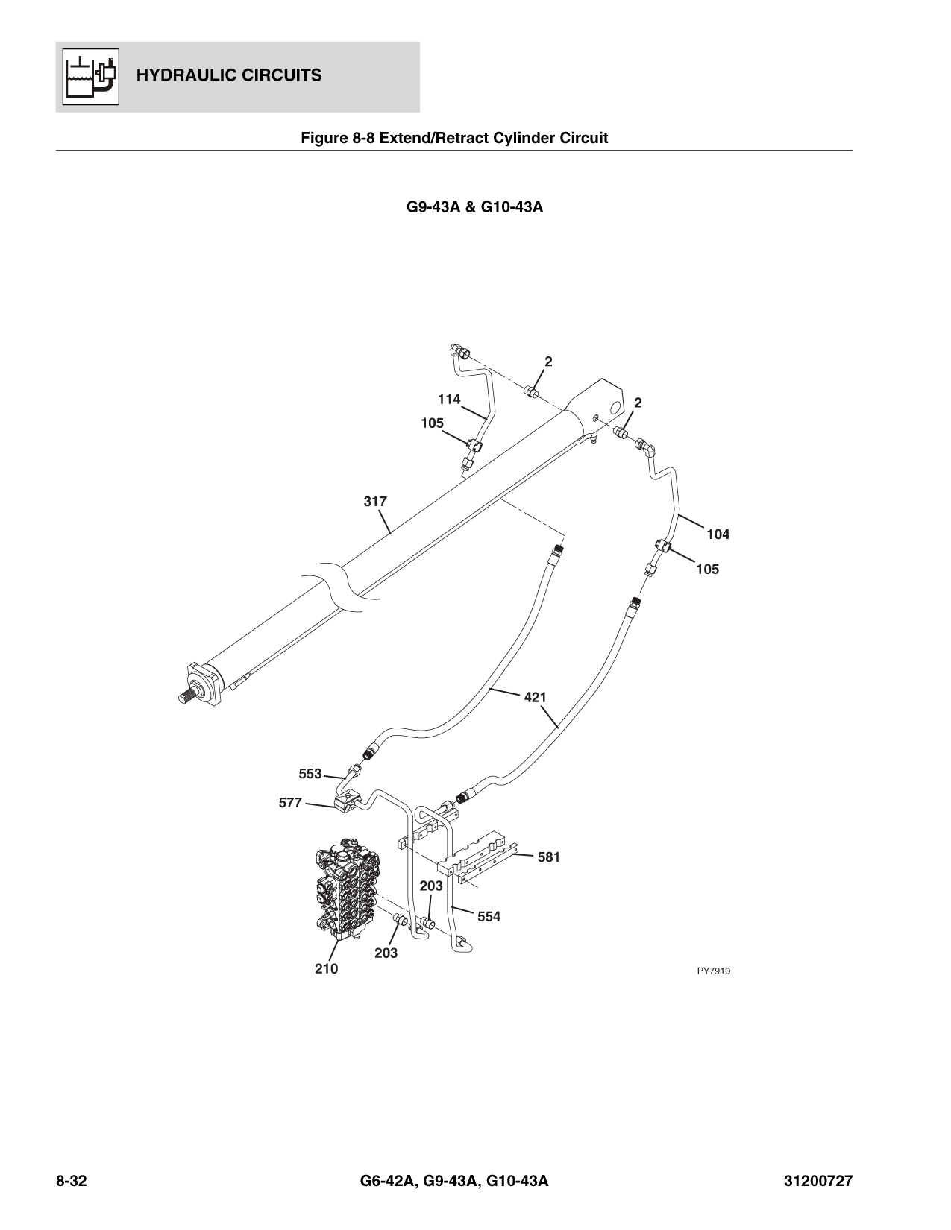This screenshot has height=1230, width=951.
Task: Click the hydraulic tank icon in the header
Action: [x=88, y=75]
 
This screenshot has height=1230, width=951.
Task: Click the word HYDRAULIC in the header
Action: [x=178, y=75]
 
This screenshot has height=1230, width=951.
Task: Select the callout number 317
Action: [x=375, y=502]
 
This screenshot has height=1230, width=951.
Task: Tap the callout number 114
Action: [x=449, y=399]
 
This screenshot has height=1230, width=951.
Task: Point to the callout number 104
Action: [x=718, y=534]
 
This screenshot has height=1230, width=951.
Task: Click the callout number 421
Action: [x=535, y=698]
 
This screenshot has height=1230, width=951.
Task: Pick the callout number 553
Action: [x=310, y=774]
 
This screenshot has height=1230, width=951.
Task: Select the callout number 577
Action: [x=290, y=803]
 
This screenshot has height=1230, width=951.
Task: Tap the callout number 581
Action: [x=548, y=857]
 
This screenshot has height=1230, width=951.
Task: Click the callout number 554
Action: [x=489, y=917]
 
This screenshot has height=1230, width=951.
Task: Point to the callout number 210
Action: [x=325, y=968]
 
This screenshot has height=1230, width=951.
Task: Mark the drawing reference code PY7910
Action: [x=713, y=971]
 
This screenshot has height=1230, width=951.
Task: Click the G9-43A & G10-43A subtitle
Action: [x=474, y=207]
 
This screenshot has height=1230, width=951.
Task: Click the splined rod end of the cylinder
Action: [x=189, y=696]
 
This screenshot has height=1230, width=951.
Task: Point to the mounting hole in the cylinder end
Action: [x=615, y=408]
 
